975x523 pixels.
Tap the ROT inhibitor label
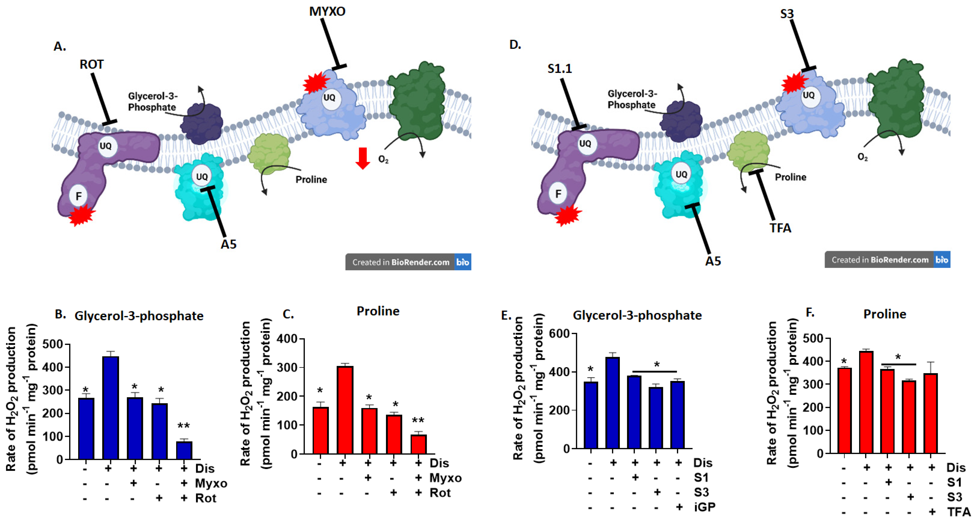point(91,65)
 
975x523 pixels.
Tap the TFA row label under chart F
point(958,512)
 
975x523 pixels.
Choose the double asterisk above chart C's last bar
point(418,420)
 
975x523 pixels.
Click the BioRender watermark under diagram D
point(887,260)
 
